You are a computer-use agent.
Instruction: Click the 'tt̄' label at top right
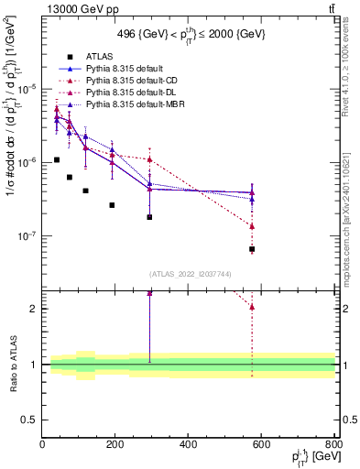(329, 10)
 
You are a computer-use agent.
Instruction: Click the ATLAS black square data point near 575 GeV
(252, 249)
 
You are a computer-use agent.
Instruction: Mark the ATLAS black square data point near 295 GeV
(149, 217)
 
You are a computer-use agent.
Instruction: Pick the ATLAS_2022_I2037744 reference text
(189, 274)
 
